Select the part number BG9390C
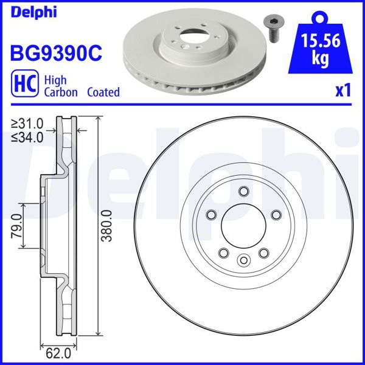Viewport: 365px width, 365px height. point(55,52)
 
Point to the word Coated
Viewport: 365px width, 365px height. point(103,92)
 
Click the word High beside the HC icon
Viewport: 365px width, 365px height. point(56,80)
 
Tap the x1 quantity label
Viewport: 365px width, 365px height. point(344,91)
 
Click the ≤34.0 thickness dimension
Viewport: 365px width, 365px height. point(27,137)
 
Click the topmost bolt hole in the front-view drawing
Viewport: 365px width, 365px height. point(243,192)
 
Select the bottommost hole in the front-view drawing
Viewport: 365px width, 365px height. point(243,260)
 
